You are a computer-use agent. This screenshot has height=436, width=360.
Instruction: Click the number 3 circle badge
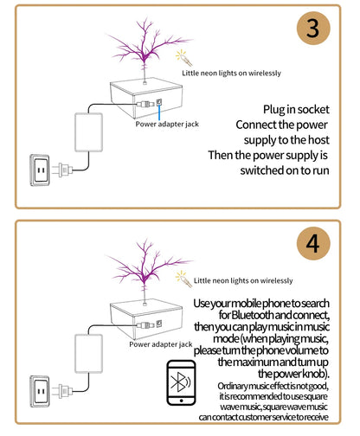click(x=313, y=28)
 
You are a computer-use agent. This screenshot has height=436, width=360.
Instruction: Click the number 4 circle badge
click(x=313, y=243)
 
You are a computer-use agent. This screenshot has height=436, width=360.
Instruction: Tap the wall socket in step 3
click(x=40, y=170)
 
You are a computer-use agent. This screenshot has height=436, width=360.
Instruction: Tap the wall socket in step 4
click(x=40, y=391)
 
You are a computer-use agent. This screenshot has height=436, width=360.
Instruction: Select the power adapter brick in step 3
click(x=88, y=132)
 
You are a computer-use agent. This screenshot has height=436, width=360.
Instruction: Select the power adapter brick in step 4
click(x=88, y=354)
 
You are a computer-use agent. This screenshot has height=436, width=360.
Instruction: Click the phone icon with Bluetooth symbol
click(x=181, y=382)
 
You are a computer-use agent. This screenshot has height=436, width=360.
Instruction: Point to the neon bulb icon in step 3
click(x=183, y=58)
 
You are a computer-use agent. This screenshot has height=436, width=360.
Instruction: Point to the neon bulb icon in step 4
click(x=183, y=279)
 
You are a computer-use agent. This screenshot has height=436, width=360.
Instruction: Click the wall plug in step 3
click(x=62, y=170)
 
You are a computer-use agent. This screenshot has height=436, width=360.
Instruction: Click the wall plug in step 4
click(x=62, y=391)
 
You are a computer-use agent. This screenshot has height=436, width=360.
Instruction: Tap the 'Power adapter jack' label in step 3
click(x=167, y=125)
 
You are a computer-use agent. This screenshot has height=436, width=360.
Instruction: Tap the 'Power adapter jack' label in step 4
click(x=161, y=344)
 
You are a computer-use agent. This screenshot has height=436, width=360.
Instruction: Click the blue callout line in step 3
click(x=159, y=112)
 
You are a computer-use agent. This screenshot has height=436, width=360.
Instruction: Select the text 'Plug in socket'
click(x=296, y=110)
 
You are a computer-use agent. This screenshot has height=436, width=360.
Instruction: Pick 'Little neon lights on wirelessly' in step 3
click(x=231, y=74)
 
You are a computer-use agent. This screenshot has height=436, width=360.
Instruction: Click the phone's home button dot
click(x=181, y=401)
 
